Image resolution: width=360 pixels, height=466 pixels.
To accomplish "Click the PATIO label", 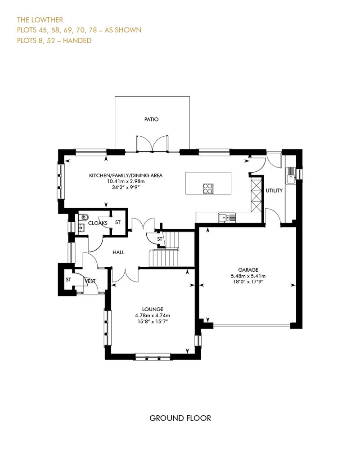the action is (x=151, y=119).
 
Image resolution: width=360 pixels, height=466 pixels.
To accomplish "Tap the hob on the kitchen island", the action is (x=208, y=188).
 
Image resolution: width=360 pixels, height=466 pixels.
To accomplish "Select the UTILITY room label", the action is (x=274, y=191).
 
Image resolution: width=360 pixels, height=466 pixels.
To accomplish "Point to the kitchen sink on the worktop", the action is (x=227, y=218).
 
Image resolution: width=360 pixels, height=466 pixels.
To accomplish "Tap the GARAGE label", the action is (x=248, y=270).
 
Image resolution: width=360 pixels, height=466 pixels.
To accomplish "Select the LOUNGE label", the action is (x=153, y=309).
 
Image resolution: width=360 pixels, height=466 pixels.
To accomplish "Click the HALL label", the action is (x=118, y=252).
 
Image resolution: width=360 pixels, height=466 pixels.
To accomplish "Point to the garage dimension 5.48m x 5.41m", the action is (x=248, y=276).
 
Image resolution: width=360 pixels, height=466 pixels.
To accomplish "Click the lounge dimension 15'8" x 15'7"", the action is (x=153, y=321).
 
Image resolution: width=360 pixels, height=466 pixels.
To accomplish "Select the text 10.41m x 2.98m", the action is (x=126, y=181).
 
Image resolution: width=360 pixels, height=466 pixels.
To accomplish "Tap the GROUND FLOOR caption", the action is (x=180, y=418).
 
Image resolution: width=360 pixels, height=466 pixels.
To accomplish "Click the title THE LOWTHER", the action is (x=40, y=20).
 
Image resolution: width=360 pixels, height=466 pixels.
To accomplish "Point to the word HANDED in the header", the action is (x=77, y=40).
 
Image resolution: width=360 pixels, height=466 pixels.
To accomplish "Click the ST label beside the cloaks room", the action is (x=118, y=222).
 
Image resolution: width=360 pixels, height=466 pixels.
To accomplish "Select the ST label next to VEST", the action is (x=68, y=280).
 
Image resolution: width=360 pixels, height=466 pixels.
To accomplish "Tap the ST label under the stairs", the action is (x=160, y=239).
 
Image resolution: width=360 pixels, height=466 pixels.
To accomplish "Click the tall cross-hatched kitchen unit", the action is (x=256, y=194).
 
